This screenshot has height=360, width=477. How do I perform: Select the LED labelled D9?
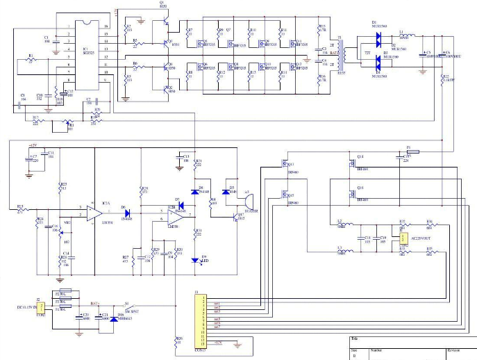(x=195, y=260)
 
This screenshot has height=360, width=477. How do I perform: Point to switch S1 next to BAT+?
(x=128, y=305)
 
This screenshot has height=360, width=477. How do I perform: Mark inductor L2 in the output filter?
(x=342, y=224)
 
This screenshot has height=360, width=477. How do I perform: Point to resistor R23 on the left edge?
(x=21, y=206)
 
